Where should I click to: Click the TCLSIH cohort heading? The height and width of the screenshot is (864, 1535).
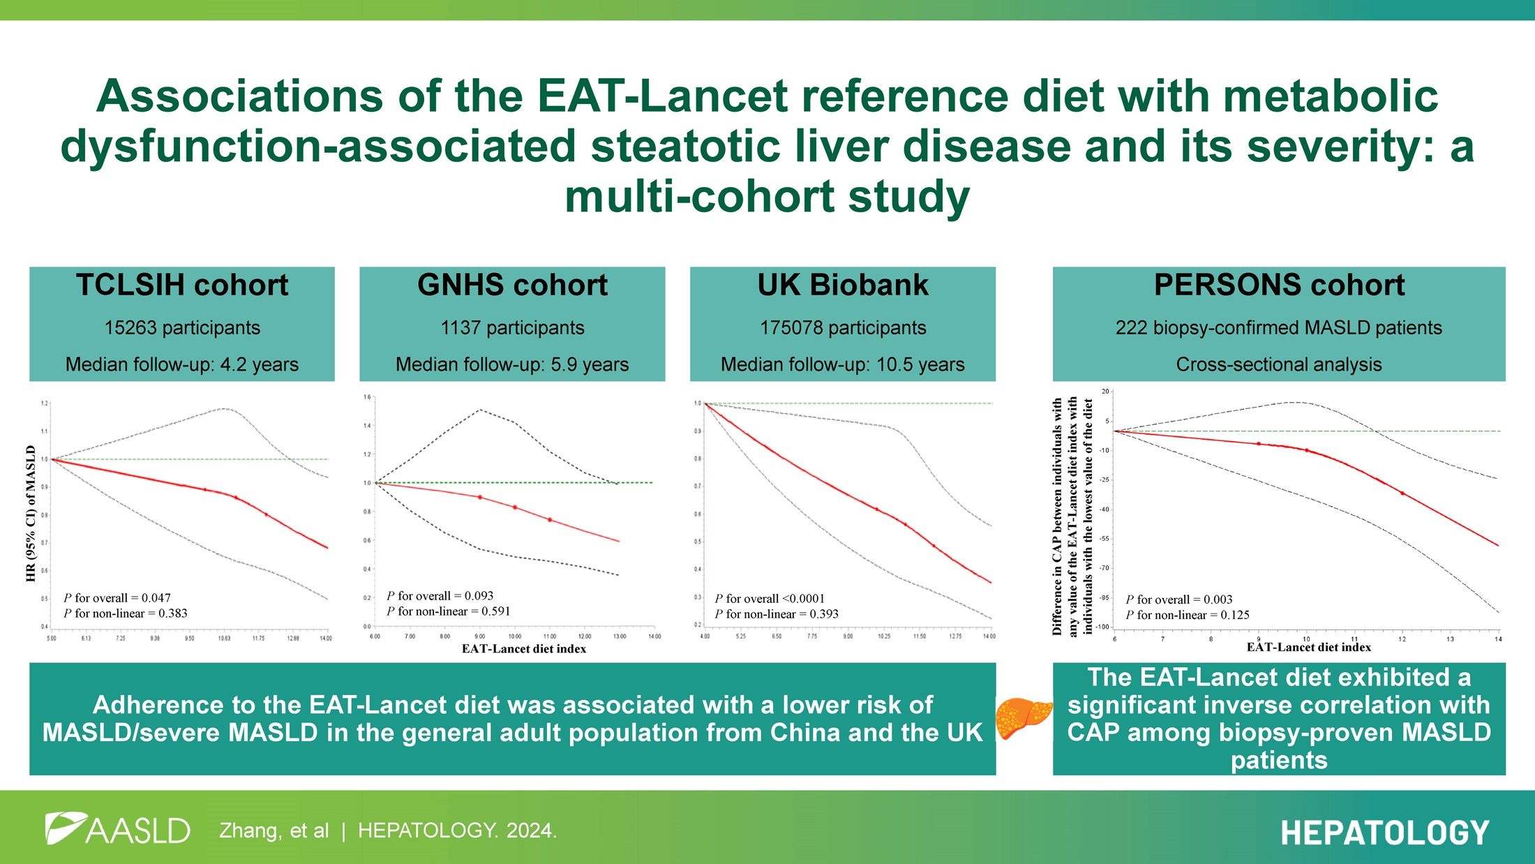coord(182,285)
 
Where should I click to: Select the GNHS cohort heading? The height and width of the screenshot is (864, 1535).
coord(512,285)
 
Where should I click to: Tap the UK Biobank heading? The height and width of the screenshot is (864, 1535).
coord(843,285)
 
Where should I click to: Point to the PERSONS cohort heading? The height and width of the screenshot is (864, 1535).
coord(1279,285)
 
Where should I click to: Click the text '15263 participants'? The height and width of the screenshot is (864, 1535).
coord(182,328)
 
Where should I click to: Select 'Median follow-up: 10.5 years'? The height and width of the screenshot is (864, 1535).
coord(843,364)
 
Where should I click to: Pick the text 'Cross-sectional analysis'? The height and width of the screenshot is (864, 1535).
coord(1279,364)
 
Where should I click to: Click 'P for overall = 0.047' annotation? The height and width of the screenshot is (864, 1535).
coord(117,598)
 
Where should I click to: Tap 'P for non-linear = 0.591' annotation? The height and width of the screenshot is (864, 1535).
coord(449,611)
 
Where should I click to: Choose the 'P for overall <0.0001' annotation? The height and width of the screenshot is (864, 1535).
coord(770,599)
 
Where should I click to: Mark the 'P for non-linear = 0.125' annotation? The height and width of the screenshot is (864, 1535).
coord(1188,615)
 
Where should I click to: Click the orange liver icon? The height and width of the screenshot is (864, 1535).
coord(1023,719)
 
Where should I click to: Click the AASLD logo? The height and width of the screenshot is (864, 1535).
coord(117,830)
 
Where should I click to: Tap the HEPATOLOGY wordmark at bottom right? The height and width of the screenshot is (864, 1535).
coord(1385,833)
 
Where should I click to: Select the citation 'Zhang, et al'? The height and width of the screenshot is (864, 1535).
coord(274,831)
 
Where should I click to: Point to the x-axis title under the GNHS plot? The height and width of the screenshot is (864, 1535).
coord(524,649)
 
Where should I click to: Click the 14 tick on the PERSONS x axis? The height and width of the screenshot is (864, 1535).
coord(1498,639)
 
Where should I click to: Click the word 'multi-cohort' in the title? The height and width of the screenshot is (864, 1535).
coord(699,197)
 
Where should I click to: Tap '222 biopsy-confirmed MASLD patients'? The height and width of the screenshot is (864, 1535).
coord(1279,328)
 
